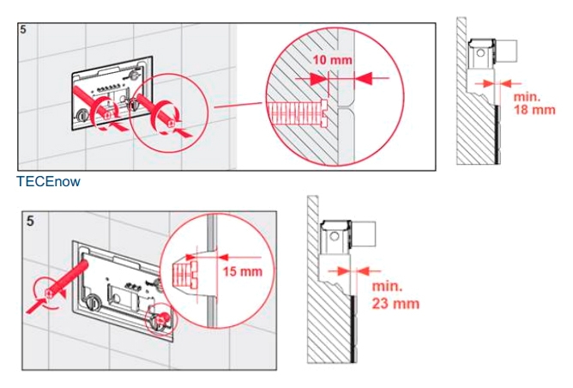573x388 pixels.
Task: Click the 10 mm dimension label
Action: click(332, 59)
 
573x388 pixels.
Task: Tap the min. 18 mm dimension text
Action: click(534, 104)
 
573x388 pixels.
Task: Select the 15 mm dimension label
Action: click(243, 271)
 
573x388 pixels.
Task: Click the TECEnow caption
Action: click(48, 181)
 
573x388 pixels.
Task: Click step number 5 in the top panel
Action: click(23, 30)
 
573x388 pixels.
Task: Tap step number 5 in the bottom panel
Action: click(30, 221)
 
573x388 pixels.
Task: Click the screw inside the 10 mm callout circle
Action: click(299, 113)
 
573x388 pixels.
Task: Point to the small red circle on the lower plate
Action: click(161, 318)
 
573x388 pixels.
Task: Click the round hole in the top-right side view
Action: click(481, 52)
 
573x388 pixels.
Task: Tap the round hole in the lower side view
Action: click(335, 236)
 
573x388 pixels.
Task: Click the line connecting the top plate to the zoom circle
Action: click(238, 105)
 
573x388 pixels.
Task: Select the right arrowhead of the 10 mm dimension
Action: click(363, 78)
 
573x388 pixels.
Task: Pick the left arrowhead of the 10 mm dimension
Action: click(318, 79)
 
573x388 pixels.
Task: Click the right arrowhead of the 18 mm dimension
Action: click(506, 84)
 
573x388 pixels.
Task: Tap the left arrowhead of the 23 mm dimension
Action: click(342, 271)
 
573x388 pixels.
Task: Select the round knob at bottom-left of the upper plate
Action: click(81, 116)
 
